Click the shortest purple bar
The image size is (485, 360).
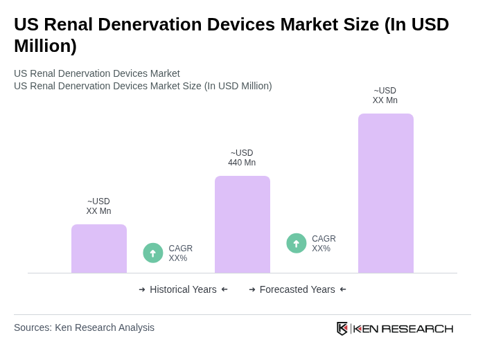click(x=99, y=249)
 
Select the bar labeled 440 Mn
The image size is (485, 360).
click(x=242, y=224)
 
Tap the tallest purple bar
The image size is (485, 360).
click(x=386, y=193)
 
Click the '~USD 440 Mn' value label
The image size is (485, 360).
click(x=242, y=158)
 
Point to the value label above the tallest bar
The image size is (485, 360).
click(x=385, y=96)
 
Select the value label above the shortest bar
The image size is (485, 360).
click(x=98, y=206)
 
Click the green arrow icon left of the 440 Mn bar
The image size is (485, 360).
click(x=153, y=253)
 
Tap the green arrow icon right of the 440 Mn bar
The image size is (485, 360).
click(x=297, y=244)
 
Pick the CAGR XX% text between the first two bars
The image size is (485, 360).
click(x=180, y=253)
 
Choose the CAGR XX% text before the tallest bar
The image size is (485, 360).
click(x=324, y=244)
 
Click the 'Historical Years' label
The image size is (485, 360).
click(x=183, y=289)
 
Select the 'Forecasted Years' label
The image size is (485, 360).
click(x=297, y=289)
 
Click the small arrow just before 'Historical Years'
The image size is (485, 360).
click(x=142, y=289)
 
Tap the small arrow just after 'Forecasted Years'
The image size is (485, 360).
click(x=343, y=289)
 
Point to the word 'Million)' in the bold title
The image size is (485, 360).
click(x=45, y=46)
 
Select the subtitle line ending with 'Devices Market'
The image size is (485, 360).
click(x=97, y=73)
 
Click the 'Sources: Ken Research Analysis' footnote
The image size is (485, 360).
click(x=84, y=327)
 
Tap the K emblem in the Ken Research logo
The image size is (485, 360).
click(x=342, y=328)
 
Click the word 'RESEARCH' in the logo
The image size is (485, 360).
click(x=417, y=328)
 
